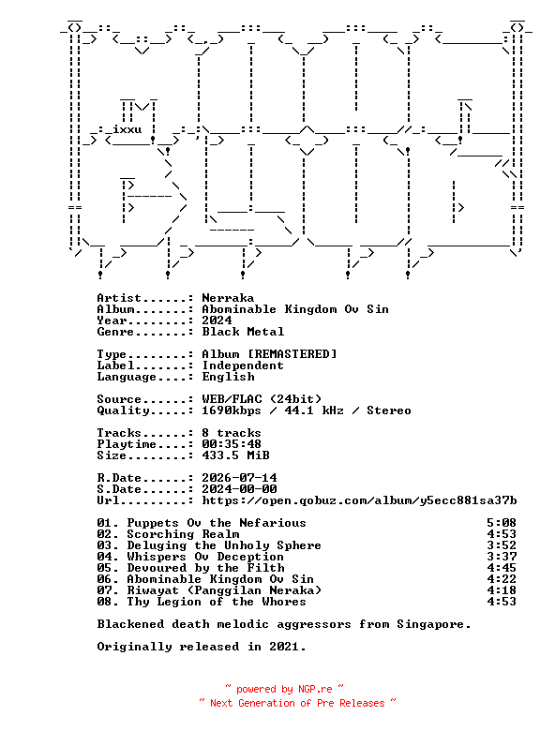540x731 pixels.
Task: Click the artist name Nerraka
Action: (228, 298)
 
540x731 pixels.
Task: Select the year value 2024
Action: (217, 321)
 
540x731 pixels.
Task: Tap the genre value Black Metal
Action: (243, 332)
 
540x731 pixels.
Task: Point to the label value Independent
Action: (243, 365)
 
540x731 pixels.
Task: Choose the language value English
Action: (228, 377)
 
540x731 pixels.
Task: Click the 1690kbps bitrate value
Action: (232, 410)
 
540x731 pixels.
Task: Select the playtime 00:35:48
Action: (232, 444)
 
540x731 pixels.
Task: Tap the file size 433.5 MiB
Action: (235, 455)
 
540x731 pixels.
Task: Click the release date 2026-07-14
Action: (239, 478)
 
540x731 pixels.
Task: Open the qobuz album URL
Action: (359, 500)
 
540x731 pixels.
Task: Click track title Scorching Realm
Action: (183, 534)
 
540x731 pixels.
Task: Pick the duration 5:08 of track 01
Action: (502, 523)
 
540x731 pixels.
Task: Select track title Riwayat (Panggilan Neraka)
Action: (224, 590)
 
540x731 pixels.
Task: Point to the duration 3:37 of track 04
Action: (502, 556)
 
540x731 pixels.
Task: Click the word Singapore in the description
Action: (430, 624)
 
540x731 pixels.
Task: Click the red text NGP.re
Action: (315, 689)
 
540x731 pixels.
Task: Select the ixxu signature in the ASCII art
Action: (127, 129)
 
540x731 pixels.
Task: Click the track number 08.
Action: (104, 602)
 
